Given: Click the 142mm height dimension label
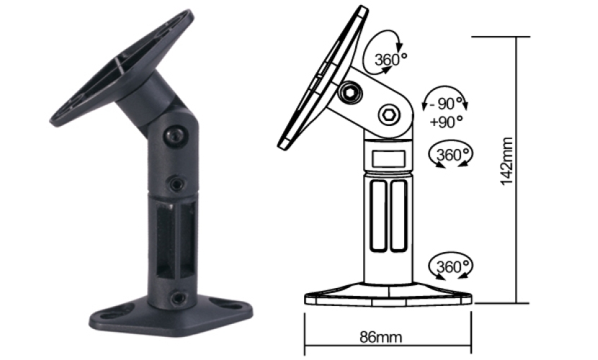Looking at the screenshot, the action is (x=506, y=161).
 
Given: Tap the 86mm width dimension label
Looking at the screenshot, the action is (x=380, y=337).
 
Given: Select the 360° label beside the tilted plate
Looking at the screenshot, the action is (x=391, y=60).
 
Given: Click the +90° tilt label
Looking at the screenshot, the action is (x=446, y=122).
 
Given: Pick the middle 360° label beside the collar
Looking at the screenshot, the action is (x=452, y=155).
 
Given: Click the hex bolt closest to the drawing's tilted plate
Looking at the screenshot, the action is (x=350, y=92).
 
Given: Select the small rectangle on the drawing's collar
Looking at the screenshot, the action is (x=388, y=158).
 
